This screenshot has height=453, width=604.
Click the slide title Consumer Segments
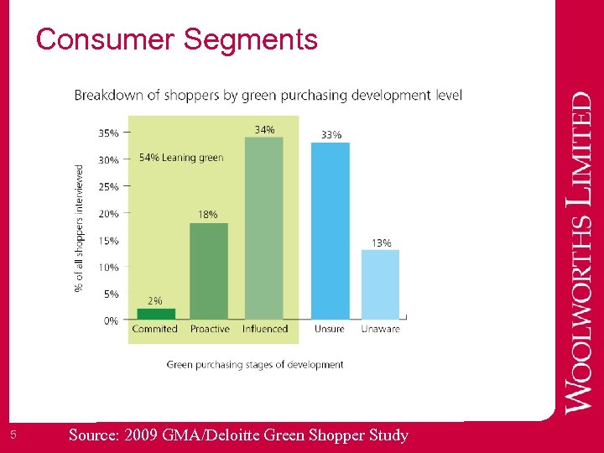tap(177, 39)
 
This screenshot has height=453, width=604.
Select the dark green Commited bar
tap(155, 314)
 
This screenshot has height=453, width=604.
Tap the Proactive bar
tap(209, 271)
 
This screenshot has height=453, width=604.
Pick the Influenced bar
tap(263, 228)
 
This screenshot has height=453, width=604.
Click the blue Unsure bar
tap(330, 231)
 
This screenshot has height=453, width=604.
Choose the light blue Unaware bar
tap(380, 284)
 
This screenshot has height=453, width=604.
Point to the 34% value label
tap(264, 129)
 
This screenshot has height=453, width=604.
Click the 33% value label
tap(331, 134)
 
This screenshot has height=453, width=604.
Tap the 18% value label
tap(207, 215)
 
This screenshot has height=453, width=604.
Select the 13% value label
tap(381, 243)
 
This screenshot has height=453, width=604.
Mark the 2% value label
tap(155, 300)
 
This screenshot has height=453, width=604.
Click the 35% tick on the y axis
tap(108, 133)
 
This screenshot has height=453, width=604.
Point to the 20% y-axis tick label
tap(108, 213)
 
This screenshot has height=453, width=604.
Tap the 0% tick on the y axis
tap(111, 320)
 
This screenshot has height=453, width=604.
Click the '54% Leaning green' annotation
tap(181, 158)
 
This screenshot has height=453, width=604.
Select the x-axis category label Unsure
tap(330, 330)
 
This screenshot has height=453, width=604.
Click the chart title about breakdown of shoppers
tap(268, 95)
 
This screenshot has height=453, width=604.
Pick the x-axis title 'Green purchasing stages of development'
tap(255, 365)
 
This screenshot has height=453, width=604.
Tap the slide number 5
tap(14, 435)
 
